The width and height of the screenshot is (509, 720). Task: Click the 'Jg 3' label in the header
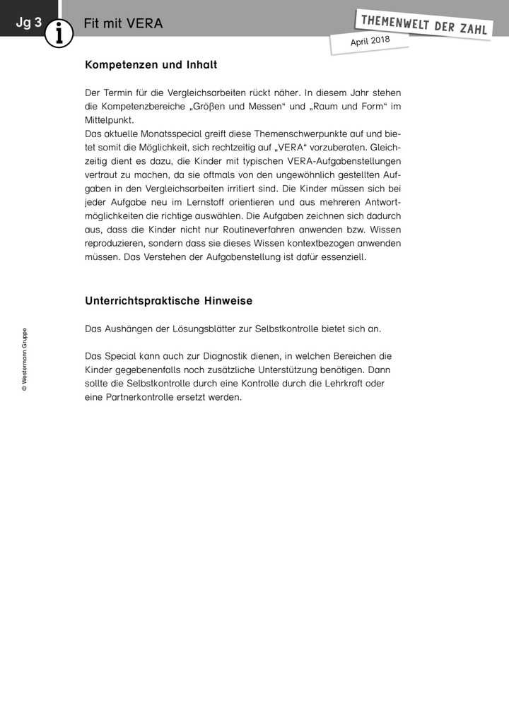coord(29,23)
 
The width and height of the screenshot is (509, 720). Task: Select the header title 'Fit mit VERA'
coord(123,23)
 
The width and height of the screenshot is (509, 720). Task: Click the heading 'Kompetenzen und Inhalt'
coord(151,65)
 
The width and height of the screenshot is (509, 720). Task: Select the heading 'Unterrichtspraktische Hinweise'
coord(168,301)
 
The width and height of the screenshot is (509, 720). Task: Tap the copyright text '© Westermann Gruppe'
coord(25,359)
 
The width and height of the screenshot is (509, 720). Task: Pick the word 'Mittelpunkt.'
coord(109,119)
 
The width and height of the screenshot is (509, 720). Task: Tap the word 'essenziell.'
coord(342,257)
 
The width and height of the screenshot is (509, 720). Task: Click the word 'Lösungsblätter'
coord(204,329)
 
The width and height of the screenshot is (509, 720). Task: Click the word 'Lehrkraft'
coord(346,384)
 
